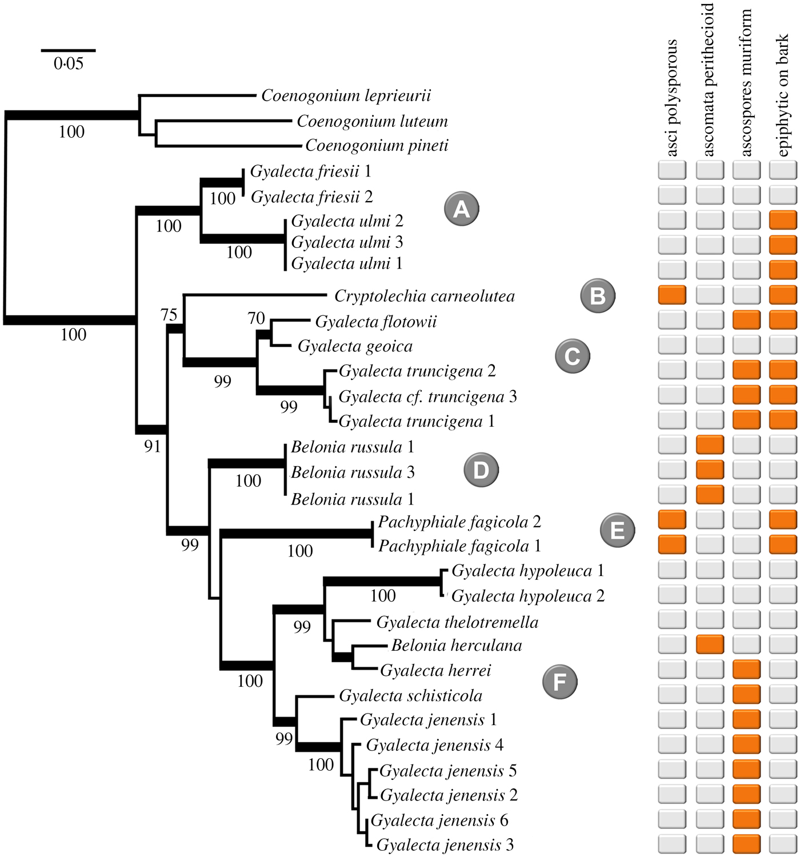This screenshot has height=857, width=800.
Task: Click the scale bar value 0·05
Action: point(68,63)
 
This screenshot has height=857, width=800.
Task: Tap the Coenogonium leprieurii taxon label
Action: point(346,95)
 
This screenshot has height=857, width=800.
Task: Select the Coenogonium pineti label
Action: point(377,146)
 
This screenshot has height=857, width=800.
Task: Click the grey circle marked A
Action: point(461,209)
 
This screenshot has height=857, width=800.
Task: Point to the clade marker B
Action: point(597,296)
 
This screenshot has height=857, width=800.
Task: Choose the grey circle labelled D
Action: point(481,470)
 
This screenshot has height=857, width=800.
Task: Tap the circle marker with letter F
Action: point(559,682)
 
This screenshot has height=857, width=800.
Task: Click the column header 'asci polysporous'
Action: point(672,97)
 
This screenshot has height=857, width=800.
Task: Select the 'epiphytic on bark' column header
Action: point(782,94)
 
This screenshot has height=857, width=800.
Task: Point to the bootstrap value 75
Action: point(169,315)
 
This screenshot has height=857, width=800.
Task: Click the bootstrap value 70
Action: point(257,318)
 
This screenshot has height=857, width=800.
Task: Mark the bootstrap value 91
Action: point(153,446)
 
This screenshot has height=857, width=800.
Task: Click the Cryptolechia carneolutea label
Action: point(424,296)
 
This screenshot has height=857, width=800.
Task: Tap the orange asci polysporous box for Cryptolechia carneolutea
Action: point(672,295)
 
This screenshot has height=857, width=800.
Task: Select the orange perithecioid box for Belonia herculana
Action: point(710,644)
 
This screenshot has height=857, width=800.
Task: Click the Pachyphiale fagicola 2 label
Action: point(459,522)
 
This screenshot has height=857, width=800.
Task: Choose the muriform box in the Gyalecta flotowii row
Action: point(746,320)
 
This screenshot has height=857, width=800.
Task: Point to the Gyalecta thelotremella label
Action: point(457,622)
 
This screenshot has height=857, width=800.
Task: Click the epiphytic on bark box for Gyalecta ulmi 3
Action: point(783,245)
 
